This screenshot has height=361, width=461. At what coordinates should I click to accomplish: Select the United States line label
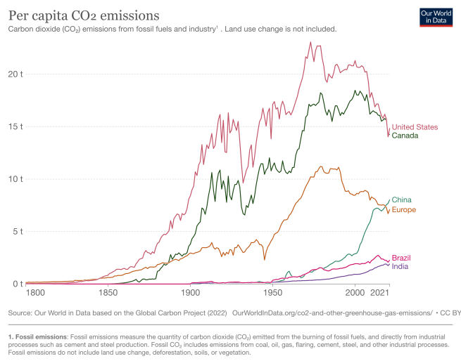pyautogui.click(x=415, y=127)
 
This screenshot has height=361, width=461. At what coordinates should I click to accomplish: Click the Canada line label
pyautogui.click(x=405, y=136)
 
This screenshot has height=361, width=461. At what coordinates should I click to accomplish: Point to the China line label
pyautogui.click(x=401, y=200)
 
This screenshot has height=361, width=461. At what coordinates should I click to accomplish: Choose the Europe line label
pyautogui.click(x=404, y=210)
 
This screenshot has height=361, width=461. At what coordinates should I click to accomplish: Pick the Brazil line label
pyautogui.click(x=401, y=258)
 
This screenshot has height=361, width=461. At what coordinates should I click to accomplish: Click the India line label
pyautogui.click(x=399, y=266)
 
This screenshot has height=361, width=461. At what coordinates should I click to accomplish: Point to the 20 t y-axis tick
pyautogui.click(x=15, y=74)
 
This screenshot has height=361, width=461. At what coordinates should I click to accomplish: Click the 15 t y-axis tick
pyautogui.click(x=15, y=126)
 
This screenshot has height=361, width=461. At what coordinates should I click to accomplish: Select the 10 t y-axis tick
pyautogui.click(x=15, y=178)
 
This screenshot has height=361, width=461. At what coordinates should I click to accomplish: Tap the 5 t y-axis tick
pyautogui.click(x=18, y=231)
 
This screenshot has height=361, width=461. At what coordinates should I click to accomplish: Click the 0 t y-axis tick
pyautogui.click(x=18, y=284)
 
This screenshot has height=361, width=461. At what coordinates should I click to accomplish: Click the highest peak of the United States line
pyautogui.click(x=310, y=42)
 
